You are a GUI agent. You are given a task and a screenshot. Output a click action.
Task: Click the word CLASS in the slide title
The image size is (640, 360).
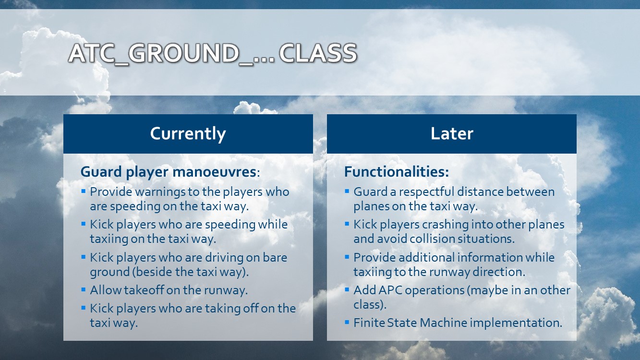pos(318,53)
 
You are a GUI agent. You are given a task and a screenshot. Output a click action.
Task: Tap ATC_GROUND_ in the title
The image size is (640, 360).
pos(160,54)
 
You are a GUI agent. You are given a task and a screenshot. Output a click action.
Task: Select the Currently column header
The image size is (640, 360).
pos(188,134)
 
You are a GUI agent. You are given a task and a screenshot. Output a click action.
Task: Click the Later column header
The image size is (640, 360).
pos(452,133)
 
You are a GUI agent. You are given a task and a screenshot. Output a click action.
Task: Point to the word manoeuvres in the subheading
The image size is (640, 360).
pos(214,172)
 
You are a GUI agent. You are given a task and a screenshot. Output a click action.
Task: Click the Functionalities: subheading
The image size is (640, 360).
pos(397,172)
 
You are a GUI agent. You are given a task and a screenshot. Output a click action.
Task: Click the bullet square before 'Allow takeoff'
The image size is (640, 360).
pos(84,290)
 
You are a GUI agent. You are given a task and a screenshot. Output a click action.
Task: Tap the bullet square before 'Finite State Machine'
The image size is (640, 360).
pos(347,322)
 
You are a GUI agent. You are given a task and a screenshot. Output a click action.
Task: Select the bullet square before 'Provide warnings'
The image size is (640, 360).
pos(84,191)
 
